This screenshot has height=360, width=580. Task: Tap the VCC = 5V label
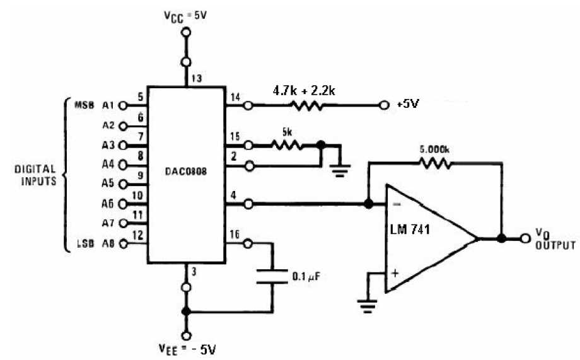click(185, 19)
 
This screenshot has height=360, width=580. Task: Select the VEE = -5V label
click(187, 349)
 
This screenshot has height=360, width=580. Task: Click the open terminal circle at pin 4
click(248, 204)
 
